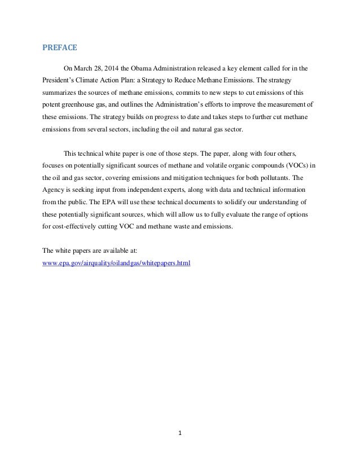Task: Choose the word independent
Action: click(x=138, y=190)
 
